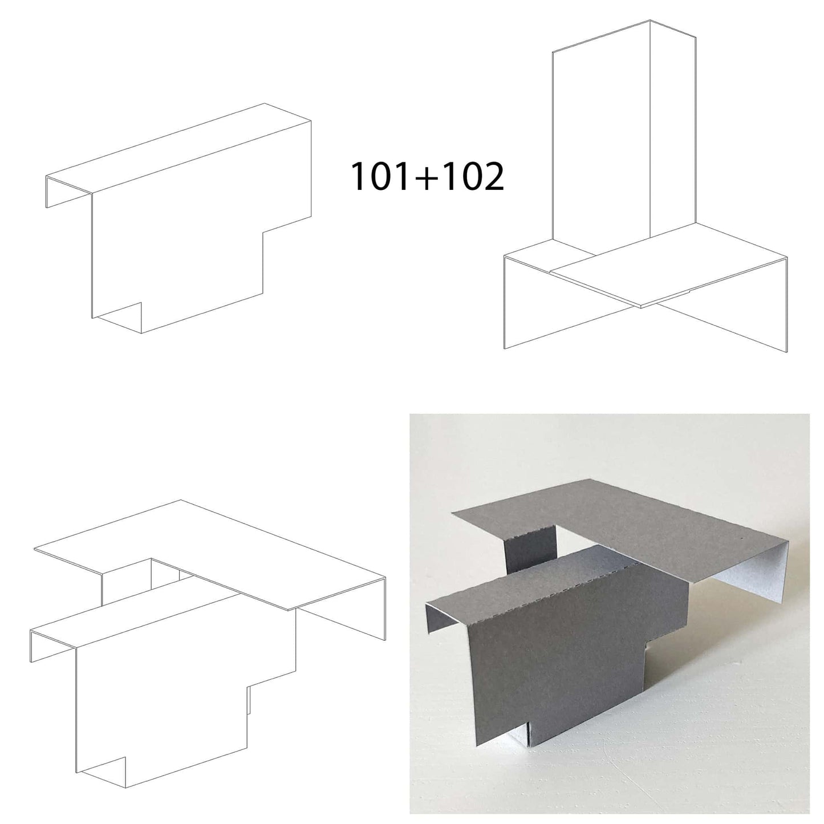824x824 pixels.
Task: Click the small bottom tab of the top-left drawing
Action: pyautogui.click(x=117, y=318)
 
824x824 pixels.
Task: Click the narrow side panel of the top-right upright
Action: pyautogui.click(x=673, y=128)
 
